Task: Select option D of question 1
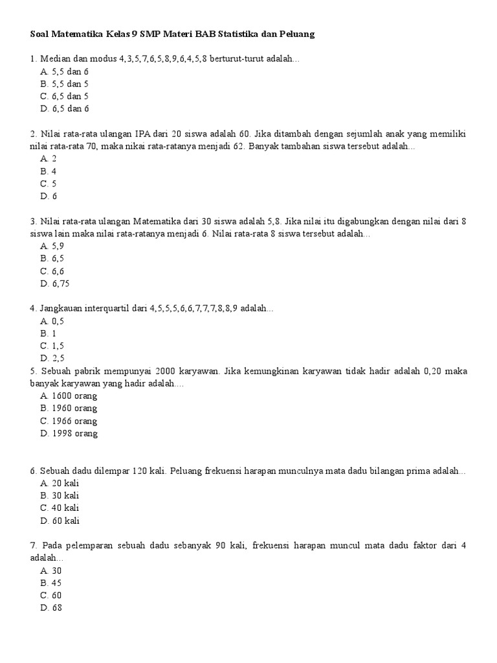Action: [x=64, y=109]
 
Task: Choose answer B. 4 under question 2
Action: [x=49, y=171]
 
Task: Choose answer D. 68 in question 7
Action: [x=51, y=607]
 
